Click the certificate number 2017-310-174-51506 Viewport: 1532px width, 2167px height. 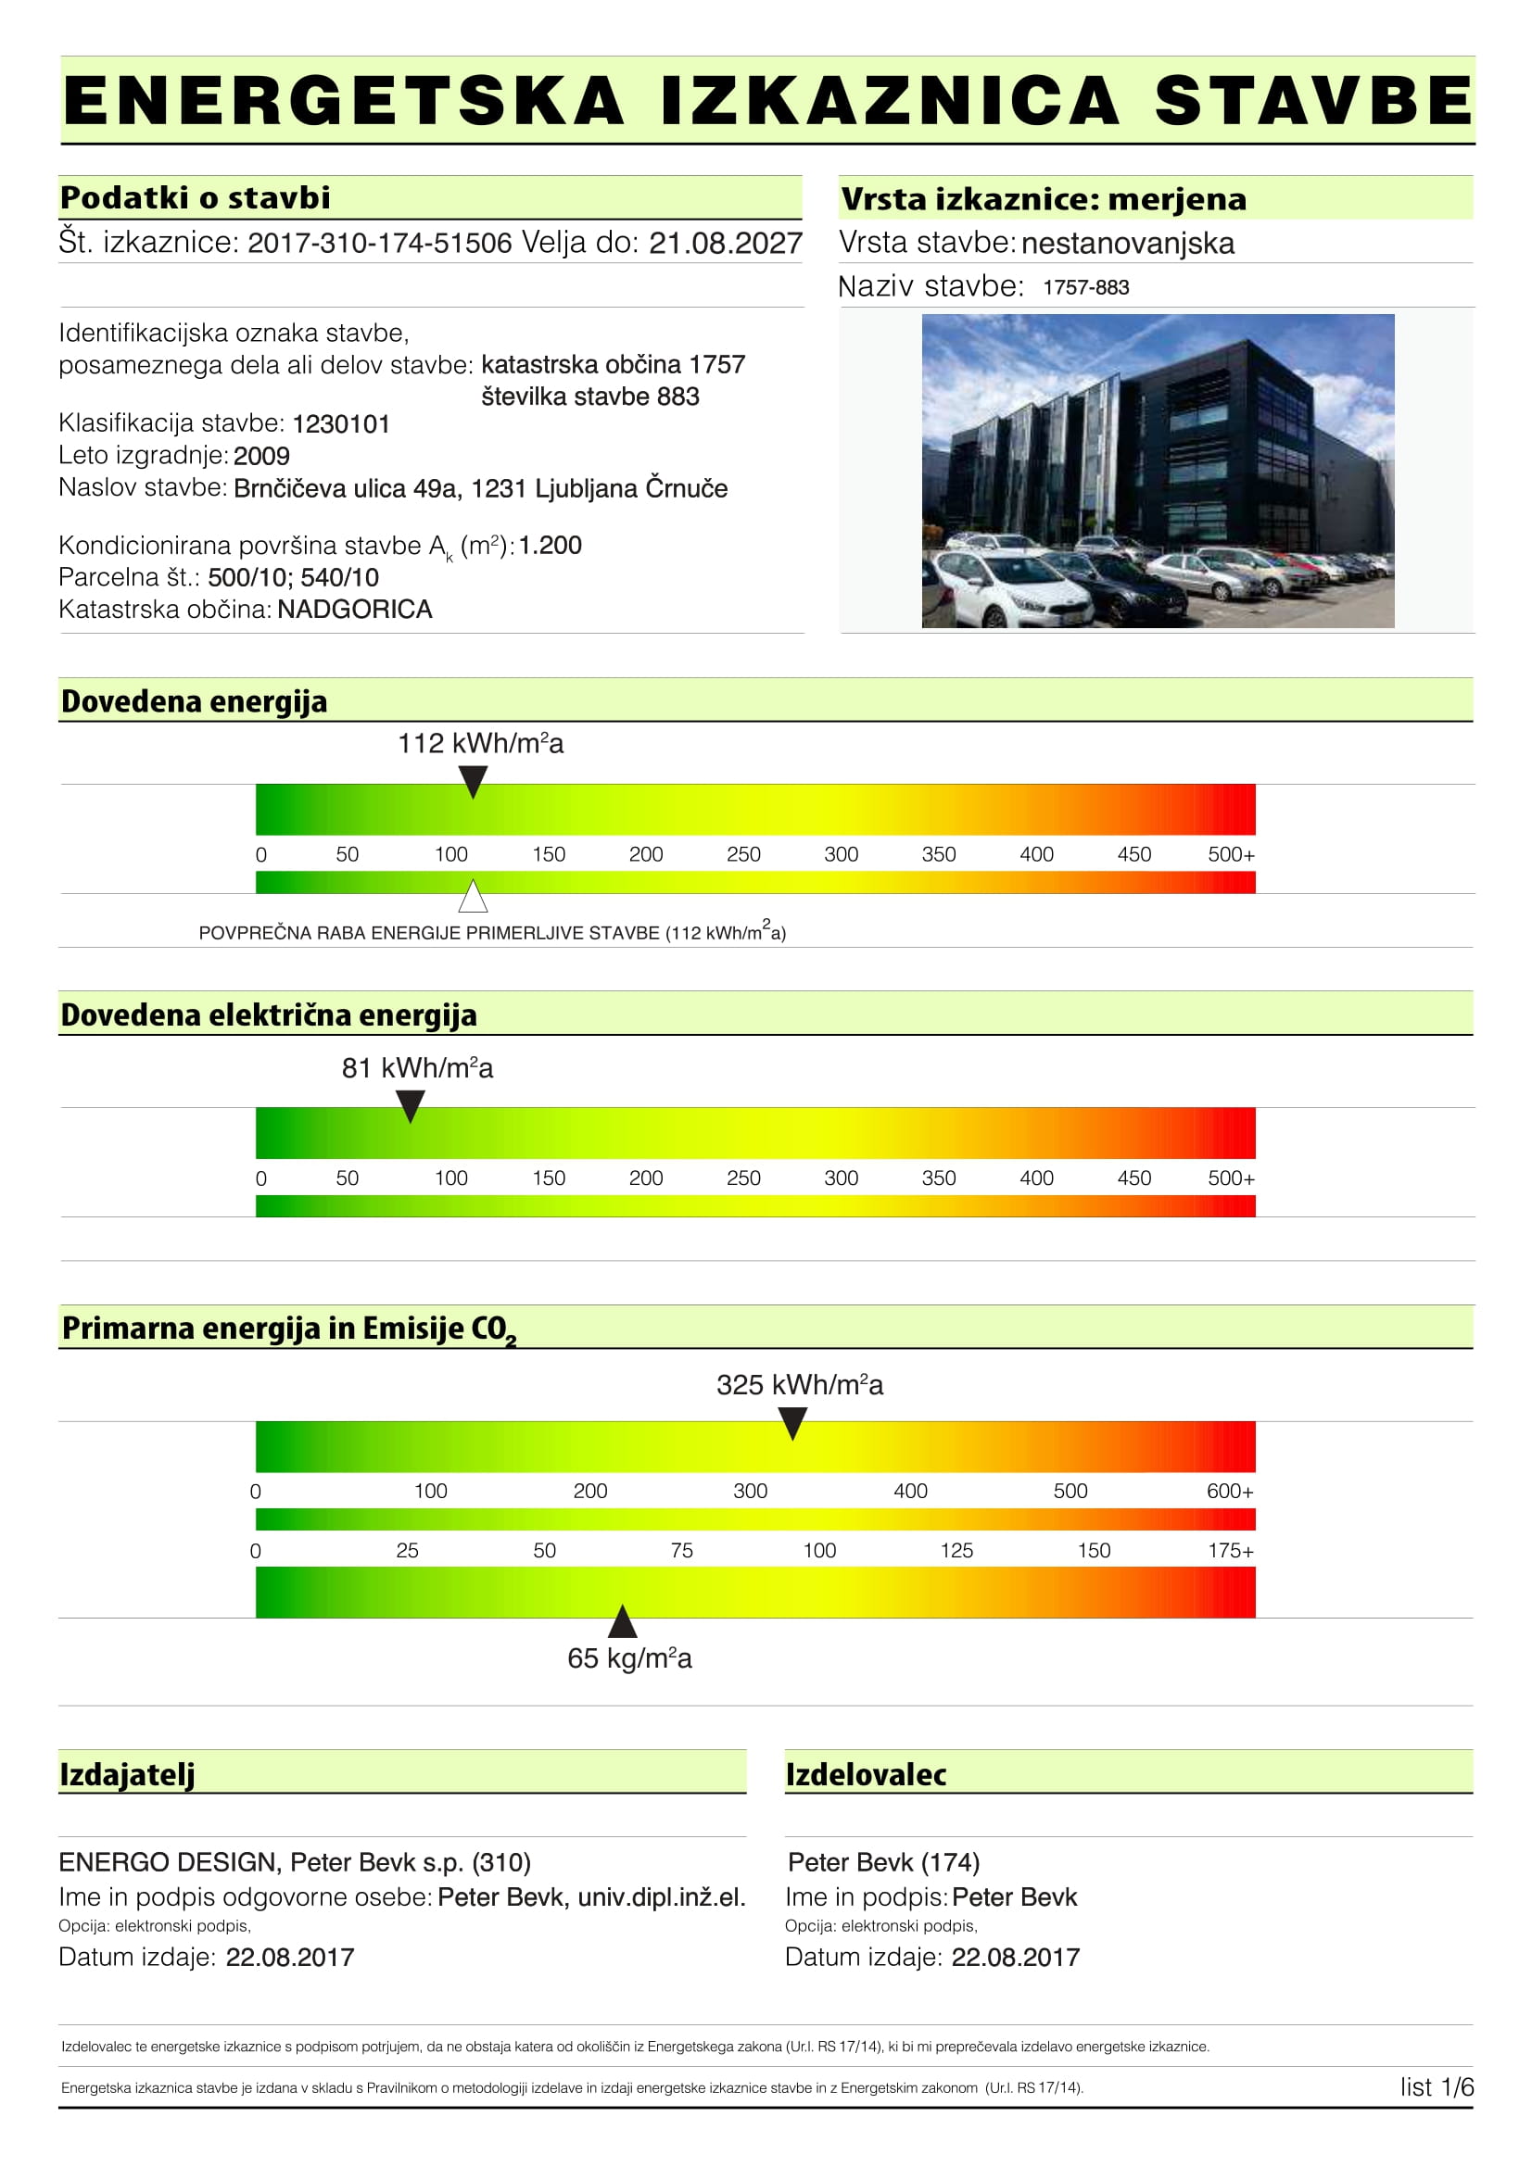coord(379,244)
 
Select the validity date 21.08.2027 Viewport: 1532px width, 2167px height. coord(725,244)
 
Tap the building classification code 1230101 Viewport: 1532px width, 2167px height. coord(341,424)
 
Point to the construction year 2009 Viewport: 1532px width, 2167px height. coord(261,457)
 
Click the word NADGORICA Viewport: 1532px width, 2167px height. coord(355,610)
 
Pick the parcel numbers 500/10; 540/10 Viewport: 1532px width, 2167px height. coord(294,577)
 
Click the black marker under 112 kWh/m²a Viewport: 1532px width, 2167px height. coord(473,780)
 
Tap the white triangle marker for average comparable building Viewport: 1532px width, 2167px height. coord(473,897)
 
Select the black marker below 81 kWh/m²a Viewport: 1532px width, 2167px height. coord(410,1105)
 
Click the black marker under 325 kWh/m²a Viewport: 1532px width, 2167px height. coord(793,1422)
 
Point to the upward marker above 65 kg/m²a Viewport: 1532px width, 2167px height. coord(622,1622)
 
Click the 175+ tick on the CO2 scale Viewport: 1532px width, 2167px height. coord(1231,1551)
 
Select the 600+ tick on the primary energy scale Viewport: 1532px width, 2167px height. coord(1230,1492)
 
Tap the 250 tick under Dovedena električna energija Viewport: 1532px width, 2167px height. coord(744,1178)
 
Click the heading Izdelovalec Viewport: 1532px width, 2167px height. coord(866,1774)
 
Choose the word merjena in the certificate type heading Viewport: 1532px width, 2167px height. coord(1177,199)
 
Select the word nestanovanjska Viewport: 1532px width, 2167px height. coord(1128,244)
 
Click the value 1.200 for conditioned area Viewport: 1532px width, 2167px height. coord(551,546)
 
